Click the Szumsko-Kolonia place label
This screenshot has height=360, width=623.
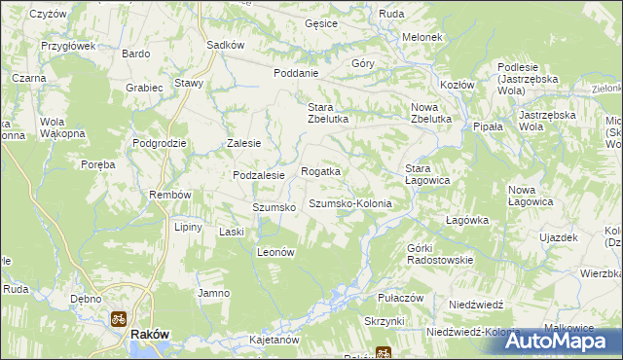[x=350, y=203]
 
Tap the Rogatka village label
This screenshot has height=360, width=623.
[x=320, y=171]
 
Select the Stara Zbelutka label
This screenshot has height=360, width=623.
[x=327, y=113]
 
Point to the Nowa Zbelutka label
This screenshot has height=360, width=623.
[x=432, y=113]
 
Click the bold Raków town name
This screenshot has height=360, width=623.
[x=150, y=334]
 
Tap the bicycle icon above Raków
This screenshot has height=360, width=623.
[x=119, y=317]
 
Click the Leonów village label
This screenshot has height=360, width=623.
[x=275, y=251]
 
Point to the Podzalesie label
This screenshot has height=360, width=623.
[x=258, y=175]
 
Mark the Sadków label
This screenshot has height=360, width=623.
[x=225, y=45]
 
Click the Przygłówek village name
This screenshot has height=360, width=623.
[x=67, y=45]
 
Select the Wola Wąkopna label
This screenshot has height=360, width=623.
[x=61, y=127]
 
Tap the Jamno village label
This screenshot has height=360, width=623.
[x=213, y=293]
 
